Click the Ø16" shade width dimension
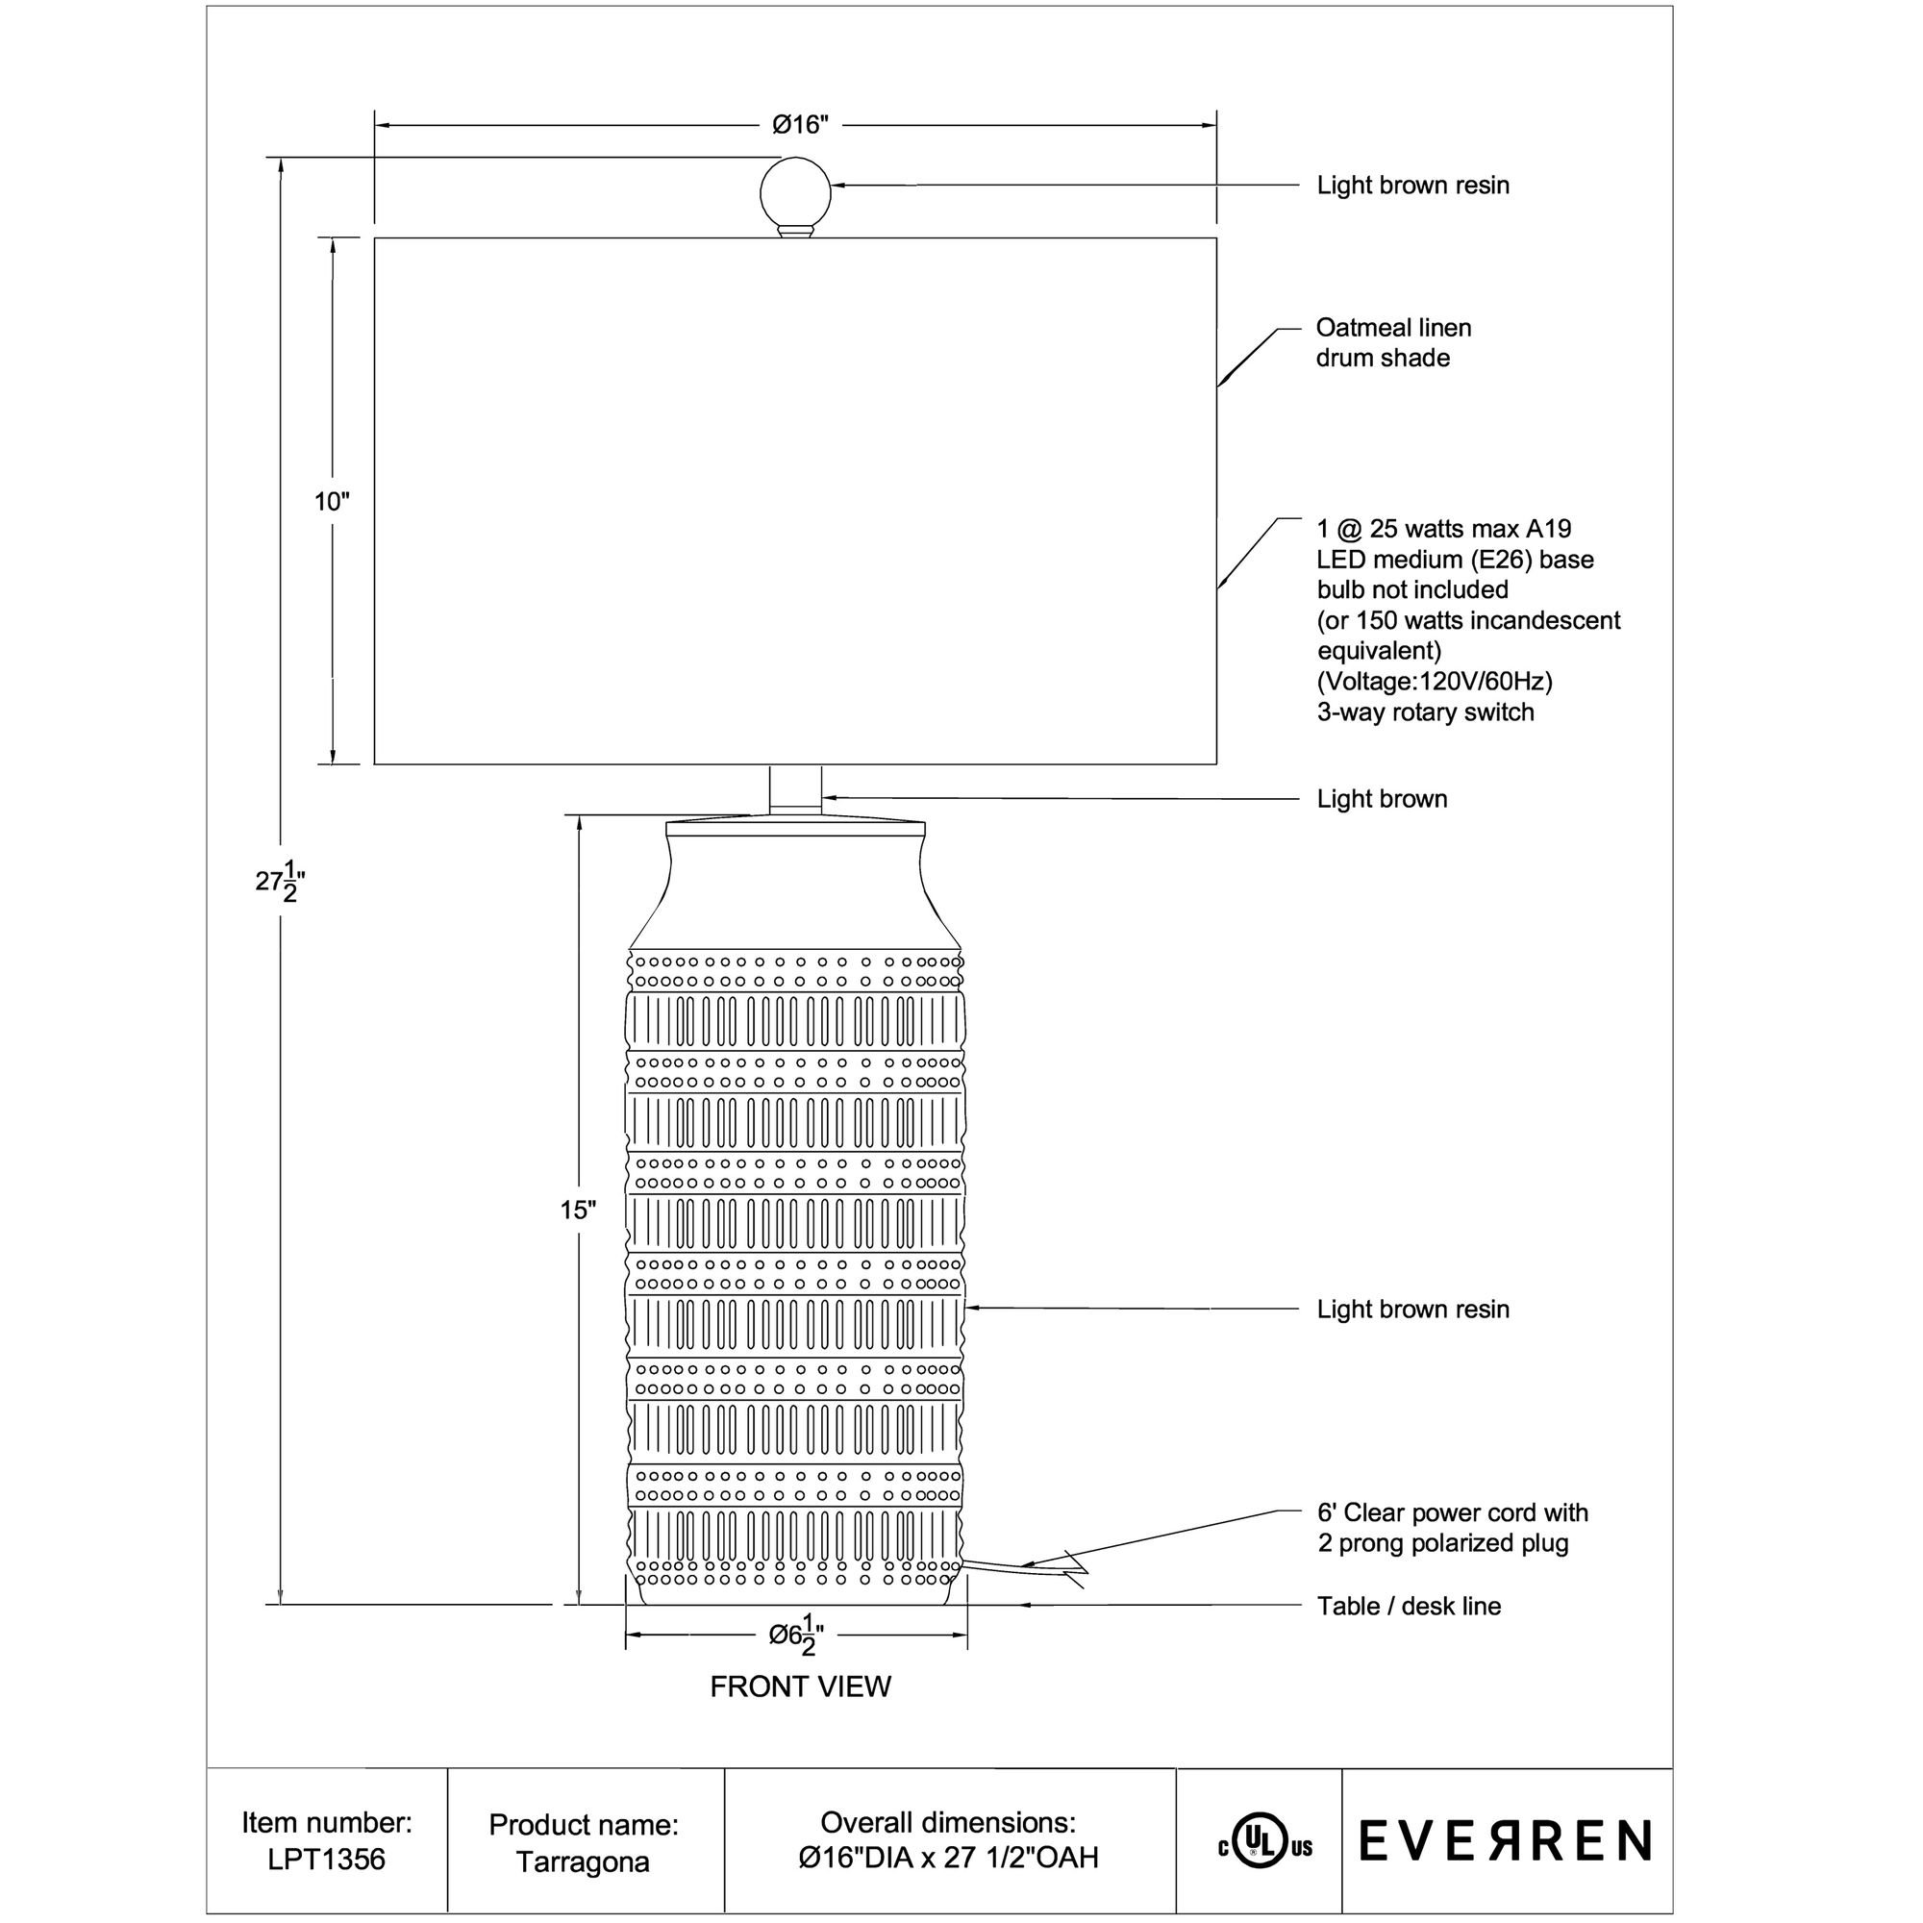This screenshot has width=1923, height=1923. coord(800,125)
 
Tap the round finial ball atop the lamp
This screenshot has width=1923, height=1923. coord(795,193)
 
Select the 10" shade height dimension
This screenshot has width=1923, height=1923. coord(332,502)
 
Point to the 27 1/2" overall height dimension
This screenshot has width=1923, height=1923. coord(280,881)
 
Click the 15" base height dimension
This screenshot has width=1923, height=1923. coord(577,1211)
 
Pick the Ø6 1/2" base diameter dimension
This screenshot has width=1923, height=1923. coord(796,1636)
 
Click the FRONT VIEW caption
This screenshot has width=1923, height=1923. coord(800,1687)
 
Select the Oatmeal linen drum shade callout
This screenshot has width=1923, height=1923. coord(1392,342)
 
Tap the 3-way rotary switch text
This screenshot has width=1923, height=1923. coord(1425,712)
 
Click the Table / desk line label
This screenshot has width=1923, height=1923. coord(1409,1607)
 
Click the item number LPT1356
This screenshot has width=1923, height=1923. coord(327,1860)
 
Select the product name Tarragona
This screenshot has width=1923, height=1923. coord(584,1862)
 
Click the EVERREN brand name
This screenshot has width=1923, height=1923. coord(1505,1841)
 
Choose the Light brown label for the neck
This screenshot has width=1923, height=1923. coord(1382,799)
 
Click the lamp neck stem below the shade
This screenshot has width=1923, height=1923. coord(795,790)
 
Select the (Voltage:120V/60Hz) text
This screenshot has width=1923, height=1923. coord(1435,682)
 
